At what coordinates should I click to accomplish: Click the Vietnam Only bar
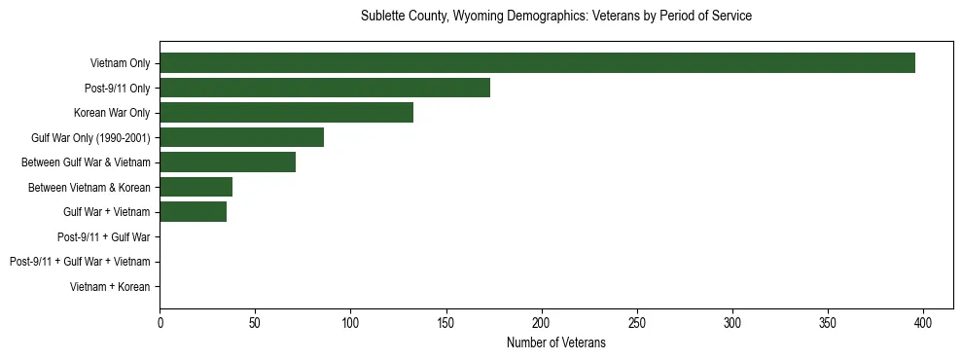[x=537, y=63]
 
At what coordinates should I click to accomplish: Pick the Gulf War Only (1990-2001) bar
[x=241, y=137]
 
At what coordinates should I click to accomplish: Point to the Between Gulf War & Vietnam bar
[x=228, y=162]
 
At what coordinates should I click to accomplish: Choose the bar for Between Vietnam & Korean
[x=196, y=187]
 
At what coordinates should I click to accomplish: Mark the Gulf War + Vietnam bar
[x=193, y=212]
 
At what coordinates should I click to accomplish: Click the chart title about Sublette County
[x=555, y=17]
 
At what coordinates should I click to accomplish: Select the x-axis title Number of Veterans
[x=555, y=342]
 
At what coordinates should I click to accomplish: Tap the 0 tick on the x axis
[x=160, y=322]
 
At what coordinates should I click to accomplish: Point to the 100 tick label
[x=350, y=322]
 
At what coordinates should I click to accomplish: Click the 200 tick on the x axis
[x=542, y=322]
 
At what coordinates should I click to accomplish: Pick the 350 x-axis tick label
[x=828, y=322]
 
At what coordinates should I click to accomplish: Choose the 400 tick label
[x=923, y=322]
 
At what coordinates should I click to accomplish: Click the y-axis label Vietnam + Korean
[x=110, y=287]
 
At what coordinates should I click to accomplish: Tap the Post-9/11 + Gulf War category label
[x=103, y=237]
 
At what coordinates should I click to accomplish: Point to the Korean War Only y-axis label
[x=112, y=113]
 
